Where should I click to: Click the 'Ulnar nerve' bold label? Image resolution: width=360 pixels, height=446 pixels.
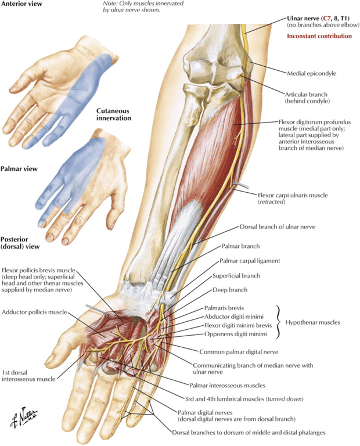304,19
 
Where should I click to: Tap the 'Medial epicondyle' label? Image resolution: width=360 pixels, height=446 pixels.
311,73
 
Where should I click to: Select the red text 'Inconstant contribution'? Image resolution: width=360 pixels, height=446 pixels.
319,36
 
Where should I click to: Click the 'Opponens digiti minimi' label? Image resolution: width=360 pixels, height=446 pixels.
236,334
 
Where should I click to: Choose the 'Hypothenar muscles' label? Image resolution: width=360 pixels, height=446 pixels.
313,322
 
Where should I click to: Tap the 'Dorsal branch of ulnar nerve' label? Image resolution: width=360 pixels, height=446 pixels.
278,227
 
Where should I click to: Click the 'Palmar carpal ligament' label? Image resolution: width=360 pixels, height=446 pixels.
250,261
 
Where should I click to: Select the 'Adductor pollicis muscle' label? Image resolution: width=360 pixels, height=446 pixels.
34,312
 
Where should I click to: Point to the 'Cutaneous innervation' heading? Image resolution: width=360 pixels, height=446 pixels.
114,114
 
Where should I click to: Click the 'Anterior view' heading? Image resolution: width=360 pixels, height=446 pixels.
21,3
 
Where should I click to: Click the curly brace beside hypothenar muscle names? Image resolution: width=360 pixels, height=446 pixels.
279,322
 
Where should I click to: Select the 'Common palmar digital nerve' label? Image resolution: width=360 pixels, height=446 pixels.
239,352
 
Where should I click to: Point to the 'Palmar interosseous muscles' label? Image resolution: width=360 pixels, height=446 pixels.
227,386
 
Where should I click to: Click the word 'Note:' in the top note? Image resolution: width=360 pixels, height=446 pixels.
110,3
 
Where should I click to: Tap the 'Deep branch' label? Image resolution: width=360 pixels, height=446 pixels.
230,290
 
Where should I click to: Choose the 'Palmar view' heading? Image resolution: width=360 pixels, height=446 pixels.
19,169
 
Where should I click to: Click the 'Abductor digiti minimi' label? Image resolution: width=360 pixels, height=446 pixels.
234,316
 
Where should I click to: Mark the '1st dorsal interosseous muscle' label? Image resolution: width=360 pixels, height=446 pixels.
28,376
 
